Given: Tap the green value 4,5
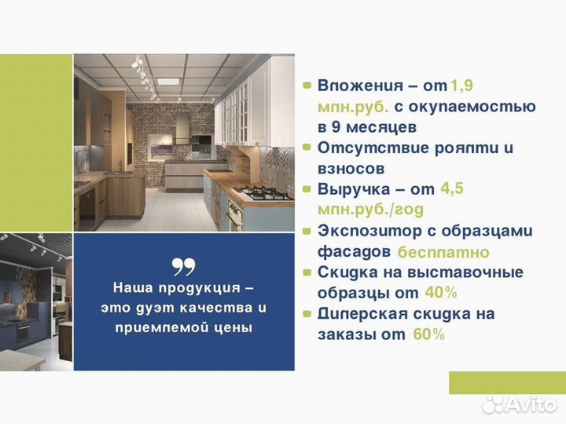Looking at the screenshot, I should coord(459,188).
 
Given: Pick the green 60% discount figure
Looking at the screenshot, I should coord(428,334).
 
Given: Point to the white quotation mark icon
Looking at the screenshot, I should coord(183,268).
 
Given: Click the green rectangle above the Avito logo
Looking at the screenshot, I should coord(506,382).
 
